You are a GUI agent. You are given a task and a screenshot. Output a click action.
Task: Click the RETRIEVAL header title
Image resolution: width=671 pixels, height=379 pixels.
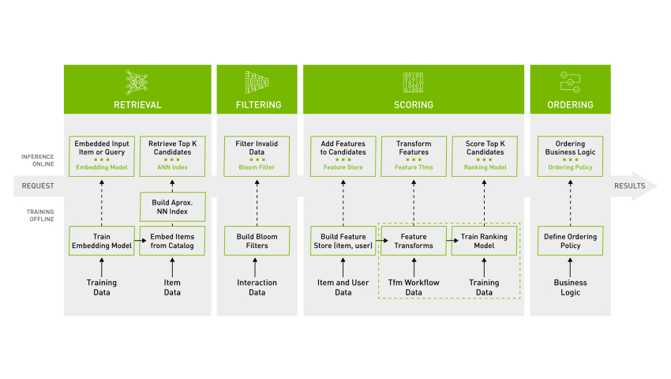pos(137,104)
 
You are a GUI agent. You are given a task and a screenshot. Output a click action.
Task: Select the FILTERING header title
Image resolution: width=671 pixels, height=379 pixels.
pos(258,104)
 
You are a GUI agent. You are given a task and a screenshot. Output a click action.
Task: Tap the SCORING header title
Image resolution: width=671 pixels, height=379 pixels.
pos(414,104)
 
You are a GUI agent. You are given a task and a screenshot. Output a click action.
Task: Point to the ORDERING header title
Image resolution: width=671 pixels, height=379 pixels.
pos(570,104)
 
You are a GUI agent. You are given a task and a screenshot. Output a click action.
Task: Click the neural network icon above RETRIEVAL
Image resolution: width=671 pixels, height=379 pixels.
pos(137,81)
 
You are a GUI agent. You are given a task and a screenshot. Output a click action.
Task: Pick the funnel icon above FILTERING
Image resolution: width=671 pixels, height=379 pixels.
pos(258,81)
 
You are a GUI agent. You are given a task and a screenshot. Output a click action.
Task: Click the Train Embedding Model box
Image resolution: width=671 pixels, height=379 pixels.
pos(101,241)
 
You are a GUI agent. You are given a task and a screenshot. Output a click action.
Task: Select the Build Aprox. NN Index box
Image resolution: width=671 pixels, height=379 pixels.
pos(172,207)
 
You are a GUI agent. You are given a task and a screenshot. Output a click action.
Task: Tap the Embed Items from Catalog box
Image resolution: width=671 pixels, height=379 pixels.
pos(172,241)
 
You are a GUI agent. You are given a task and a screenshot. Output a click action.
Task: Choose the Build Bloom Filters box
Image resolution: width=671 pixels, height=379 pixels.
pos(257,241)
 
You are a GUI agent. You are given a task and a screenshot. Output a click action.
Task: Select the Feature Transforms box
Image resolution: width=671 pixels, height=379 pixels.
pos(414,241)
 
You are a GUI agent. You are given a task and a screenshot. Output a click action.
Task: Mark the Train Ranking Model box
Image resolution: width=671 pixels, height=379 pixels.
pos(484,241)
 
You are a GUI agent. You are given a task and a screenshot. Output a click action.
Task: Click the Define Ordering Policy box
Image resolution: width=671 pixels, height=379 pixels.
pos(570,241)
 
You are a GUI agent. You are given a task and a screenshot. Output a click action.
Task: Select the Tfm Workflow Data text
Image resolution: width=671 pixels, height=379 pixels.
pos(414,287)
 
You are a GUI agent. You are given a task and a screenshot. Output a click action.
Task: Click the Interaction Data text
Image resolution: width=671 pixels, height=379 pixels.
pos(257,287)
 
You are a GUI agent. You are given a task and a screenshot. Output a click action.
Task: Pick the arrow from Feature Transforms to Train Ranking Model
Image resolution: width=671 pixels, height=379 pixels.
pos(448,241)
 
